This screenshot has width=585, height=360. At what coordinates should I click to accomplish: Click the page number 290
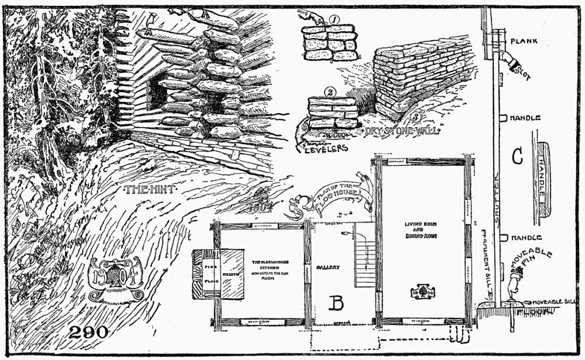tap(88, 332)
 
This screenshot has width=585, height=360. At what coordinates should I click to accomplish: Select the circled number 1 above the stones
tap(335, 20)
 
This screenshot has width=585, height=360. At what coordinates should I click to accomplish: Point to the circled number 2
tap(331, 92)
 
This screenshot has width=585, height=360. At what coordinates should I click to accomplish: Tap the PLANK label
tap(523, 42)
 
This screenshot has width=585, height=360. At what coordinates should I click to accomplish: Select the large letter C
tap(517, 157)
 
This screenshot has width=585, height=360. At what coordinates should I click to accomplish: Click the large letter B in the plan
tap(336, 303)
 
